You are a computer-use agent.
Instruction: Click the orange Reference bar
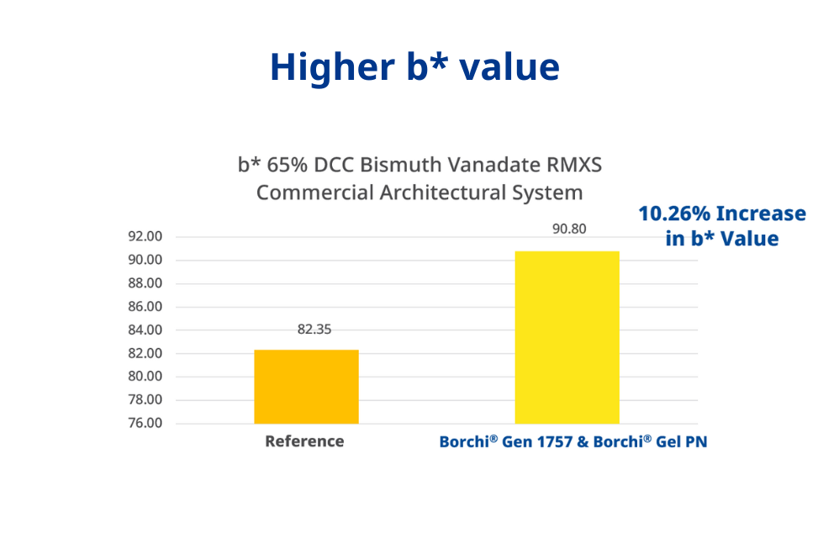pyautogui.click(x=306, y=387)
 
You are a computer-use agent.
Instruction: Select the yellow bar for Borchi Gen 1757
pyautogui.click(x=567, y=337)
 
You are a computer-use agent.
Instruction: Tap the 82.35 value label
pyautogui.click(x=309, y=330)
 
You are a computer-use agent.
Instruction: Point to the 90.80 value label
pyautogui.click(x=569, y=229)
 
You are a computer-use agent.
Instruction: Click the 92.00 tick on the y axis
pyautogui.click(x=145, y=237)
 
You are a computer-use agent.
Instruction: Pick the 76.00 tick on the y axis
pyautogui.click(x=145, y=424)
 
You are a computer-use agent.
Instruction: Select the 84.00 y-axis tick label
pyautogui.click(x=145, y=330)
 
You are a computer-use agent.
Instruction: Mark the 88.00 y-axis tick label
pyautogui.click(x=145, y=283)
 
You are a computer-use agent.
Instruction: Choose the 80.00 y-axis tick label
pyautogui.click(x=145, y=377)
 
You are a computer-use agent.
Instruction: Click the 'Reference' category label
pyautogui.click(x=304, y=441)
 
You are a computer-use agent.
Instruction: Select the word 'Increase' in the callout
pyautogui.click(x=761, y=214)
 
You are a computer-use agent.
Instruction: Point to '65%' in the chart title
pyautogui.click(x=286, y=165)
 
